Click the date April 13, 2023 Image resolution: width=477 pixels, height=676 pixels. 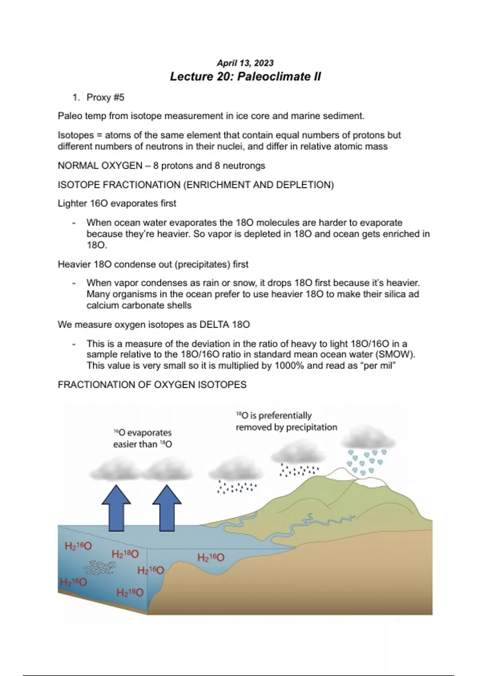coord(245,63)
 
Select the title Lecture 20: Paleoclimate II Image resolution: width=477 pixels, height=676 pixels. coord(245,76)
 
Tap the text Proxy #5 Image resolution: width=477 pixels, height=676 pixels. coord(105,97)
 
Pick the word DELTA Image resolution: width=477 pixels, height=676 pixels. coord(214,325)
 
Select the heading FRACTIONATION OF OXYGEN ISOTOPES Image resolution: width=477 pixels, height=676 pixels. coord(152,385)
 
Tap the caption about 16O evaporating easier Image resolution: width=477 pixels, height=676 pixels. coord(142,438)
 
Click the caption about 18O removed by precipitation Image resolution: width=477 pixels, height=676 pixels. coord(286,422)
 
